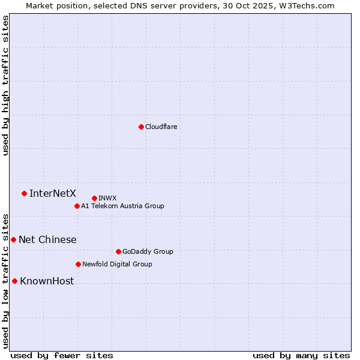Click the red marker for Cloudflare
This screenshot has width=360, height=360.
click(x=141, y=127)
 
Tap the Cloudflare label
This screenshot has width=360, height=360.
click(x=161, y=127)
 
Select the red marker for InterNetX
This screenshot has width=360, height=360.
click(x=24, y=193)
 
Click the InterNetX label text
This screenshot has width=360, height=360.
click(x=53, y=193)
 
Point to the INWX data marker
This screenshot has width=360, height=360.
click(x=94, y=198)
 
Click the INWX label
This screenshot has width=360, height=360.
click(x=107, y=198)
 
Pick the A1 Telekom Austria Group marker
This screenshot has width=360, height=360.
click(x=77, y=206)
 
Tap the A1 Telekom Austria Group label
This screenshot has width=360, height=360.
click(x=122, y=206)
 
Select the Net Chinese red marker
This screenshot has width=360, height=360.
click(x=13, y=239)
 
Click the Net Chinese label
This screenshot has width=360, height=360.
click(x=47, y=240)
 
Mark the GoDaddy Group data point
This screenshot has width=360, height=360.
click(x=118, y=251)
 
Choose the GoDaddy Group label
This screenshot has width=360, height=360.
click(x=148, y=251)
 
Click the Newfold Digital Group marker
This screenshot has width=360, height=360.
click(x=78, y=264)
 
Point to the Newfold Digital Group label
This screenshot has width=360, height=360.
click(x=117, y=264)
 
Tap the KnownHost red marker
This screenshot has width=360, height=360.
click(x=14, y=281)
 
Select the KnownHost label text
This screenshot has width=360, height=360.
click(x=47, y=281)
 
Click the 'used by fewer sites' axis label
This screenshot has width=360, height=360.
click(x=62, y=355)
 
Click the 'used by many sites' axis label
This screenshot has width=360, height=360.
click(x=301, y=355)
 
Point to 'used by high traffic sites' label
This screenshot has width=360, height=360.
click(x=5, y=85)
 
